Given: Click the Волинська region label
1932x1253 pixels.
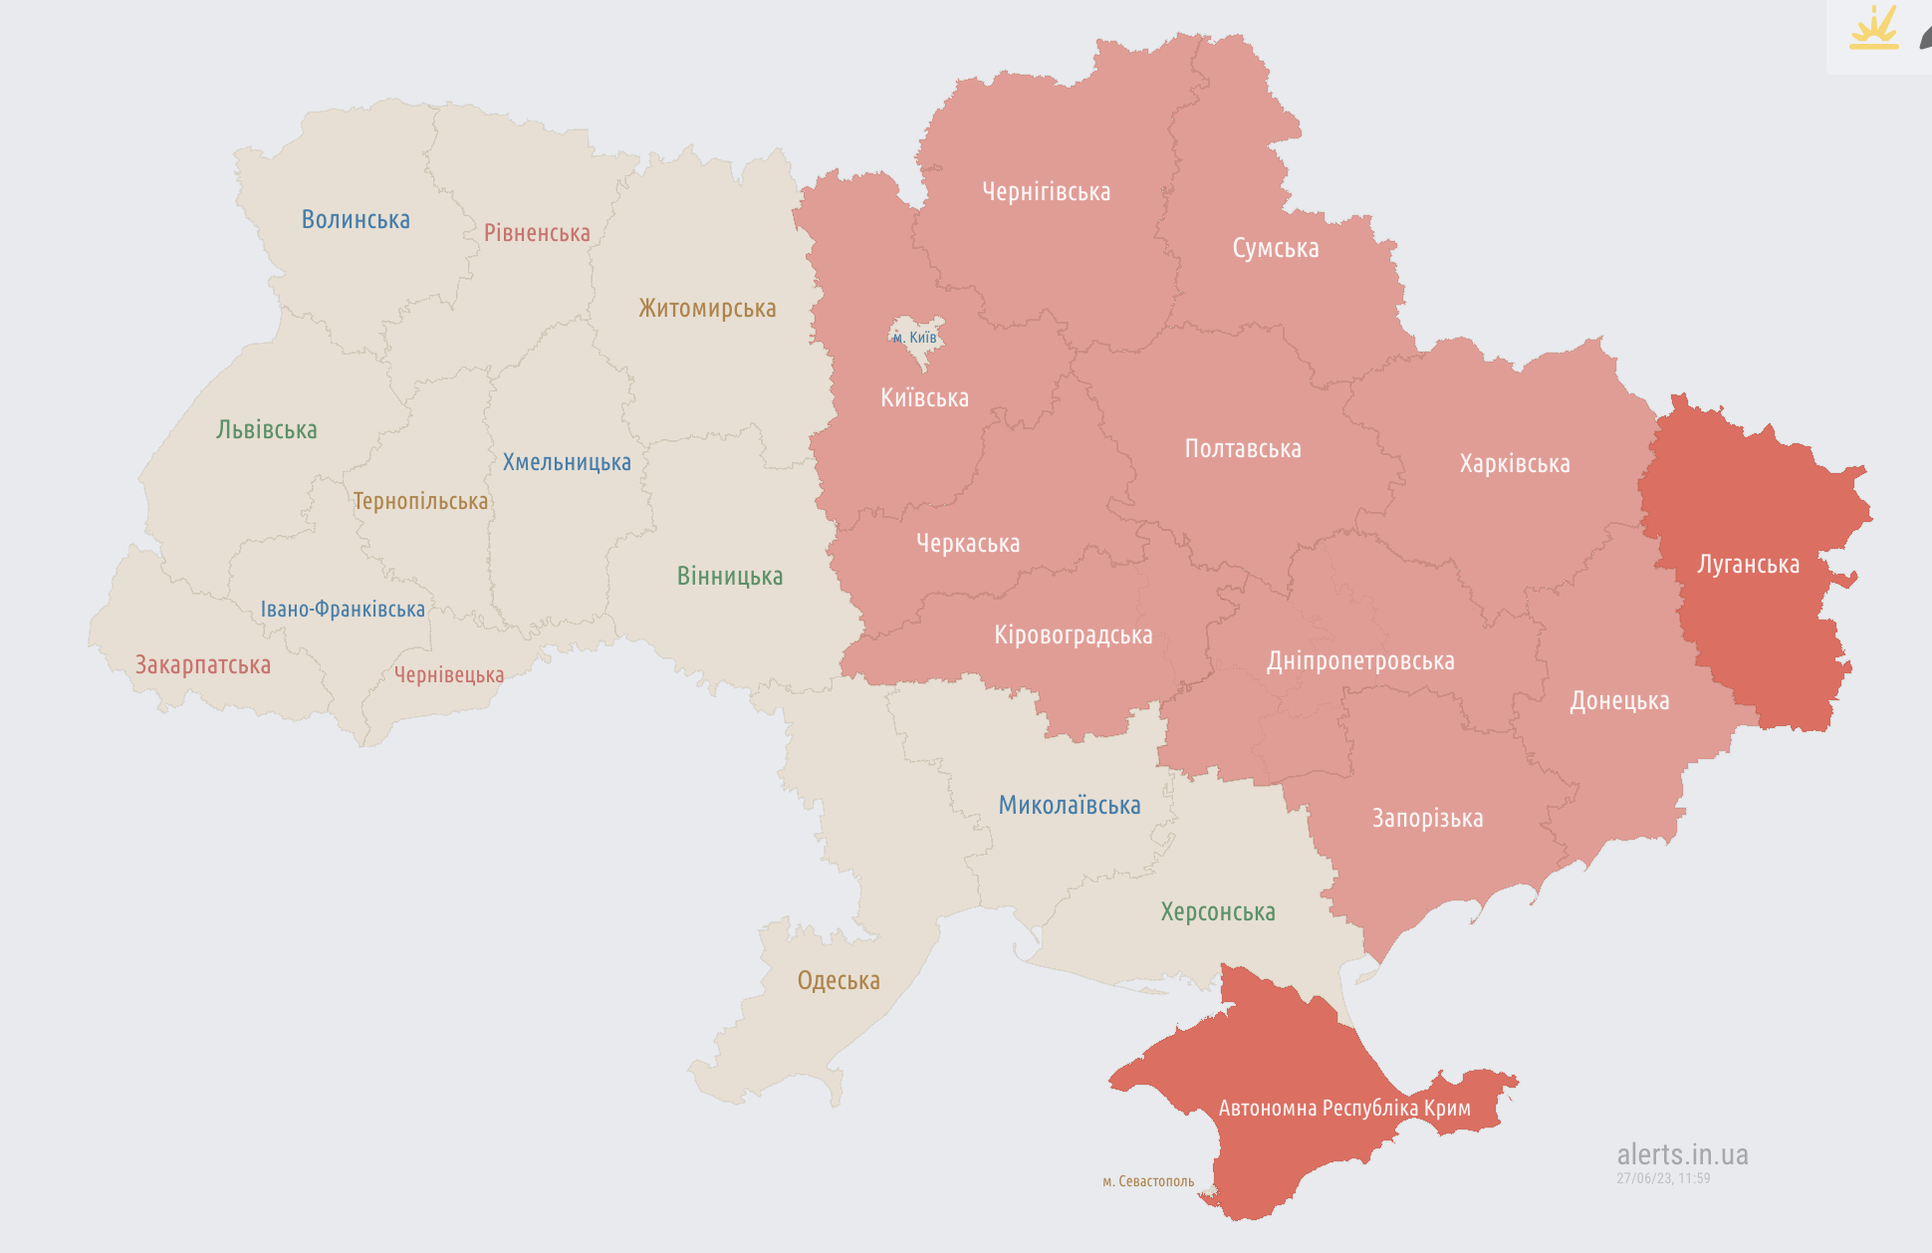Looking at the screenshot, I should coord(356,219).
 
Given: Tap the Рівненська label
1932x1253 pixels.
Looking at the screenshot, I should coord(537,233).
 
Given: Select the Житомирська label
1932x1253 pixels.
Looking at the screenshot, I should coord(707,308).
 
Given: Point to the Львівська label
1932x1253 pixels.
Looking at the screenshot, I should coord(267,430).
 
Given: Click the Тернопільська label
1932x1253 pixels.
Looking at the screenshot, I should coord(420,501).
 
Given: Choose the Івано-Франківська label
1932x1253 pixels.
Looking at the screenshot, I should coord(343,609).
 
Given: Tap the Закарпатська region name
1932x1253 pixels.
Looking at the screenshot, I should coord(203,665).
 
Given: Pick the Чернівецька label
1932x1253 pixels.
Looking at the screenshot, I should coord(449,675).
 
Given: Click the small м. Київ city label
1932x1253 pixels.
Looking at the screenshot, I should coord(915,338).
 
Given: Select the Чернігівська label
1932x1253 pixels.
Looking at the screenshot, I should coord(1046,192).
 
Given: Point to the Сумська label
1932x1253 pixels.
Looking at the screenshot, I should coord(1275,248).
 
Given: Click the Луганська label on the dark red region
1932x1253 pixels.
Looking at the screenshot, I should coord(1748,565).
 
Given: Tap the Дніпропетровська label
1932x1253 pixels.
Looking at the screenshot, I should coord(1360,661).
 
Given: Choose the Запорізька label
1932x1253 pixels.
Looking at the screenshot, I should coord(1427,819).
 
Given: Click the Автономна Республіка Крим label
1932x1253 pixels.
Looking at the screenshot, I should coord(1344,1109).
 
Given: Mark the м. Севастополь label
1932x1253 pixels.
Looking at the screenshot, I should coord(1148,1181).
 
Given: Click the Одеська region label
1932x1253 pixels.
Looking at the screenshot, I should coord(839,981).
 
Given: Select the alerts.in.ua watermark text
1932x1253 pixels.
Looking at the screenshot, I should coord(1682,1154).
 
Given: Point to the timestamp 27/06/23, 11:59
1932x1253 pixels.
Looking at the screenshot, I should coord(1663,1178).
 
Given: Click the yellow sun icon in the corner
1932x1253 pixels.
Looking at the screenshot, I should coord(1874,30).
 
